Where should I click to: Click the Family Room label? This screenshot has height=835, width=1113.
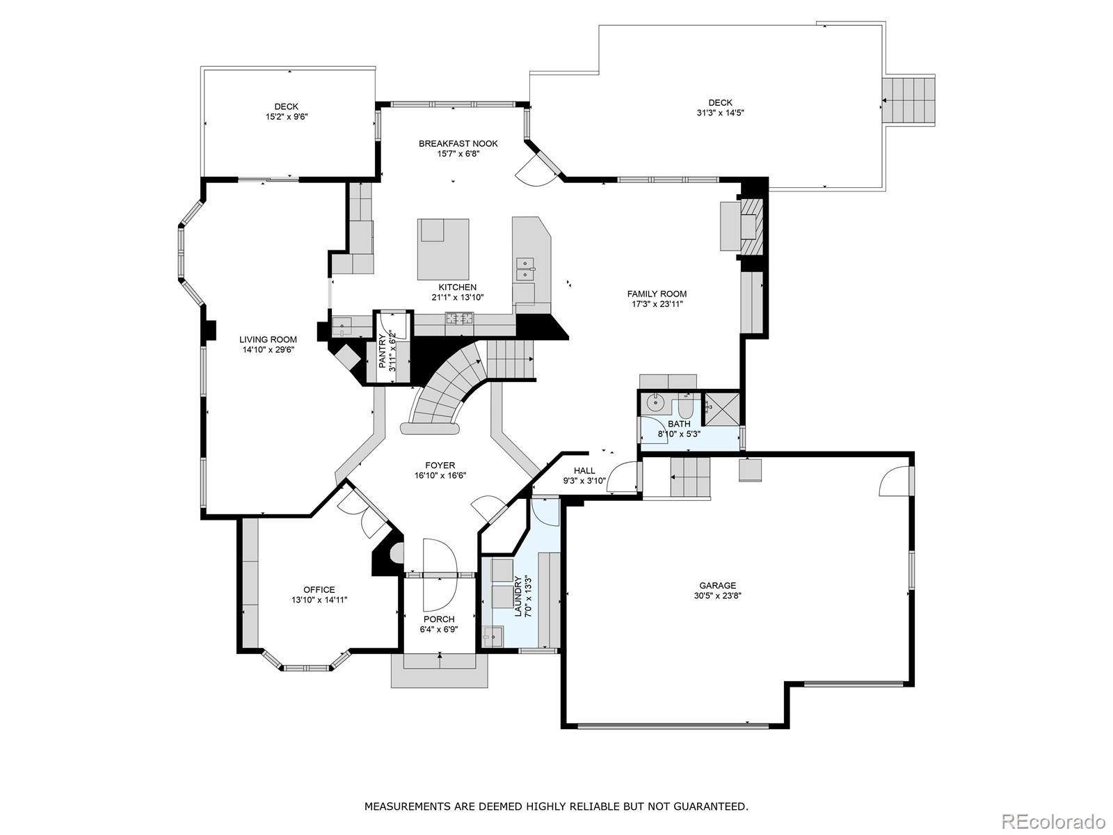click(x=657, y=294)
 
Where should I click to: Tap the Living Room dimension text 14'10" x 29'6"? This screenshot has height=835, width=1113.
click(x=269, y=350)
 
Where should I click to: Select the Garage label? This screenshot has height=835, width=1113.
click(x=717, y=586)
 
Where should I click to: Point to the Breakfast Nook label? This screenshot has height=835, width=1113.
click(x=458, y=143)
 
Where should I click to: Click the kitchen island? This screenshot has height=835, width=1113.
click(x=443, y=249)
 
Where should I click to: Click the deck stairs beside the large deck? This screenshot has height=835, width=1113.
click(x=908, y=100)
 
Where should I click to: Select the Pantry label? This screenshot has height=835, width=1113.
click(x=383, y=351)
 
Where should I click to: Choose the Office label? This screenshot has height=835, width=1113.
click(x=319, y=589)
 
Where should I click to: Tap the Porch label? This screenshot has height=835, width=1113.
click(x=439, y=619)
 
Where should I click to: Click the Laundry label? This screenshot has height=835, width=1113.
click(x=518, y=596)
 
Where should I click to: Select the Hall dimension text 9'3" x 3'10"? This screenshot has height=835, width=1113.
click(x=584, y=481)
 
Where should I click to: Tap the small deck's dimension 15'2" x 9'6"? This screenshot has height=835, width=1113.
click(x=287, y=117)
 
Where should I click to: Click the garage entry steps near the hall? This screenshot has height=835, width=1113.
click(x=690, y=477)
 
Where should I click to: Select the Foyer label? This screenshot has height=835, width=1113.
click(x=440, y=465)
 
